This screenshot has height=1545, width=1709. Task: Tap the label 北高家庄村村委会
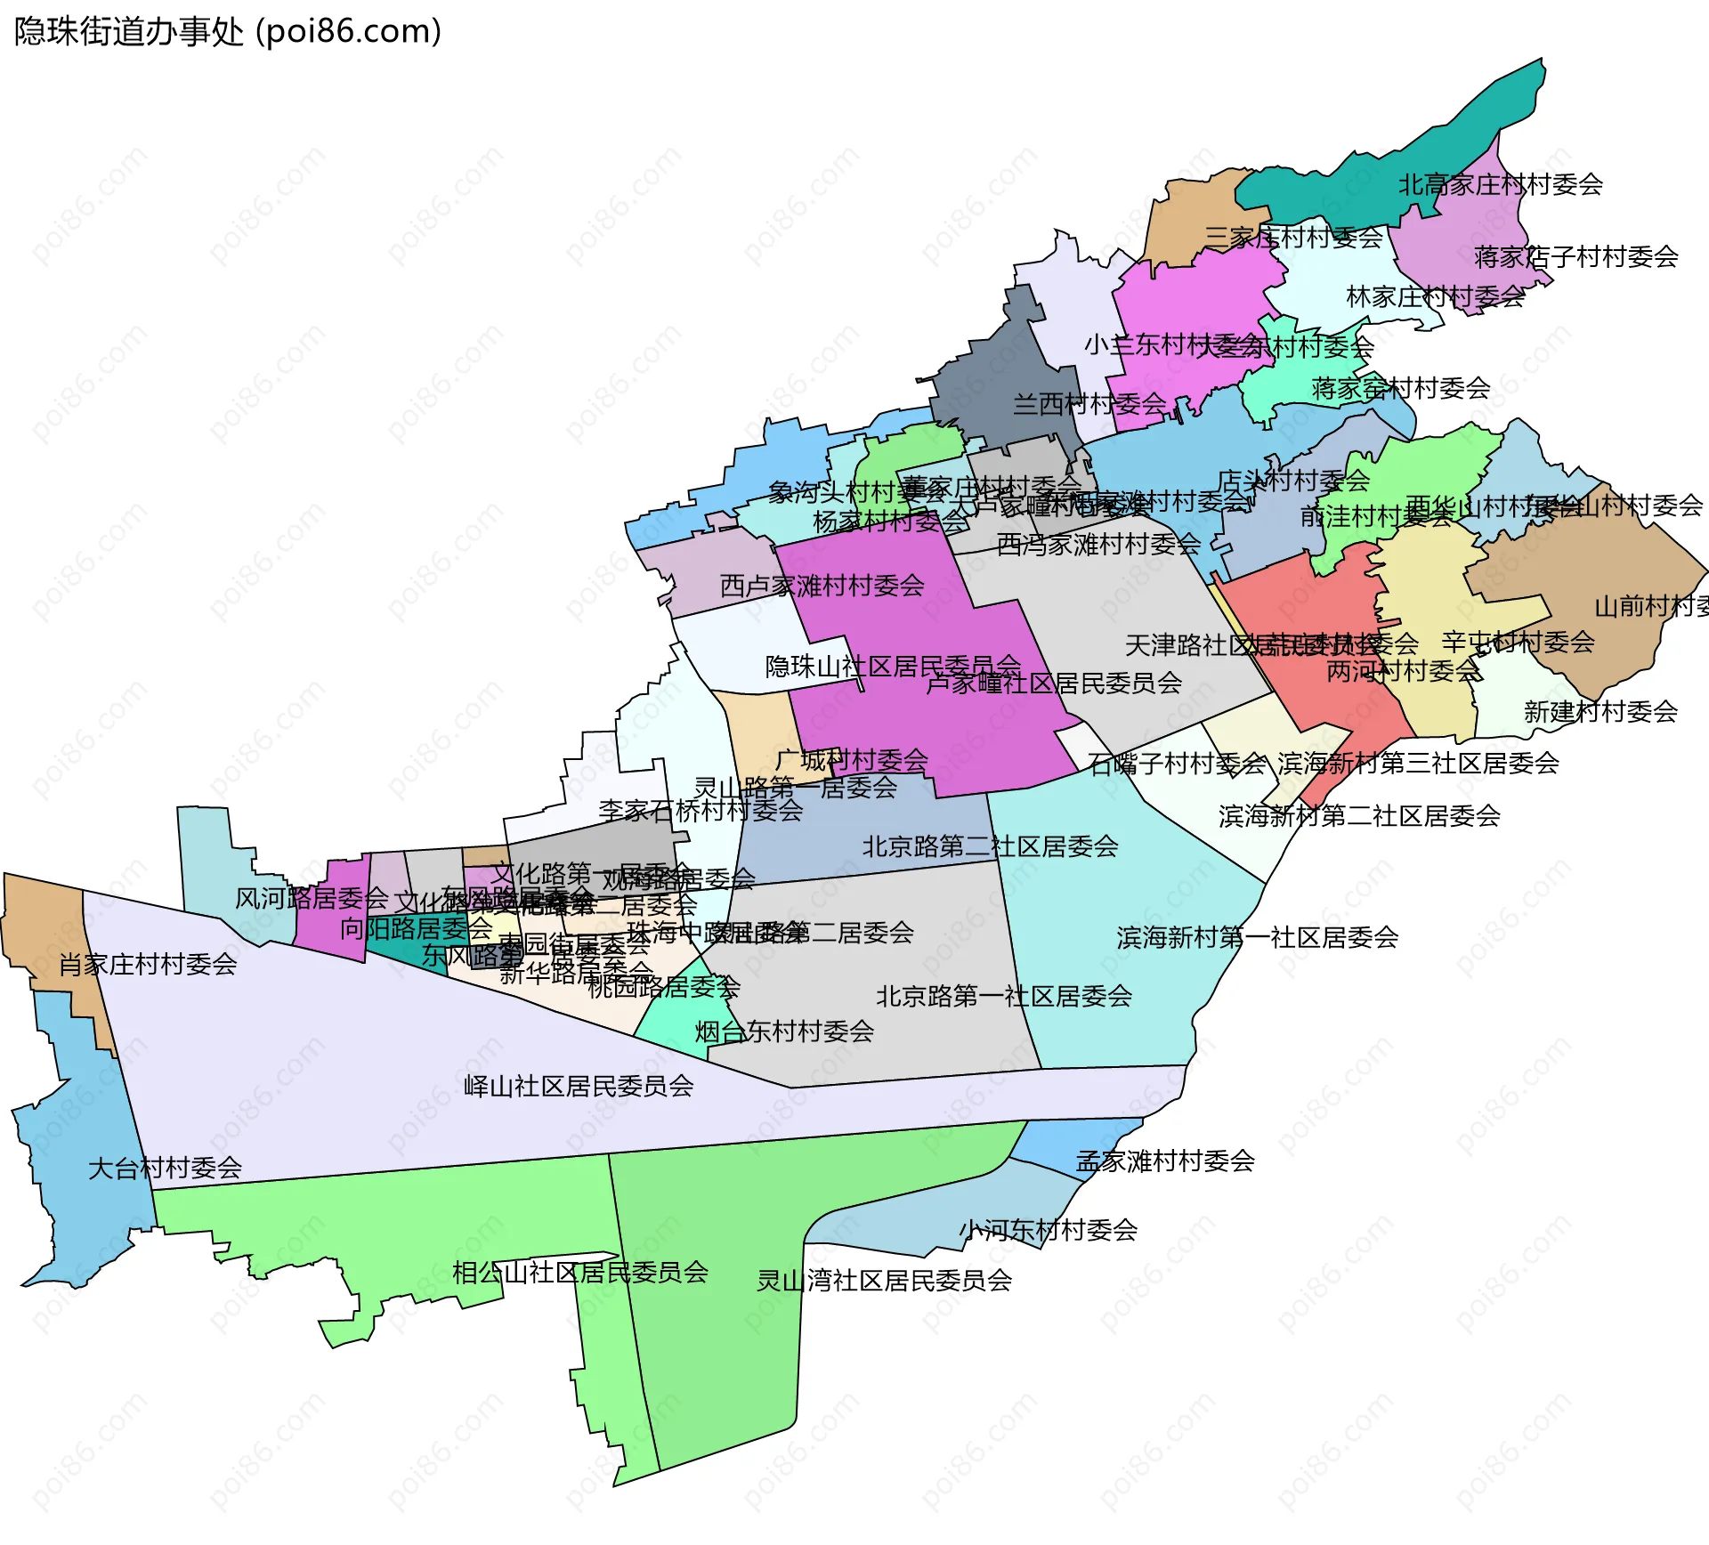tap(1500, 185)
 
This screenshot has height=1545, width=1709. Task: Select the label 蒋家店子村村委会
tap(1575, 257)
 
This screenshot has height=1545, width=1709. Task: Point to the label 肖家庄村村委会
tap(148, 964)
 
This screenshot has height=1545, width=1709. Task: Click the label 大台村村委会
tap(165, 1168)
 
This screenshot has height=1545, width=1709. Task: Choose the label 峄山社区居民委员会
tap(579, 1086)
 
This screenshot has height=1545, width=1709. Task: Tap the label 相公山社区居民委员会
tap(580, 1273)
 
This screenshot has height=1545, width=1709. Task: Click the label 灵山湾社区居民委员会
tap(884, 1281)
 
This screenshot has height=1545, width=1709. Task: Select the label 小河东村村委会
tap(1048, 1230)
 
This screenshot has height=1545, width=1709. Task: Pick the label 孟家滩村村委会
tap(1165, 1161)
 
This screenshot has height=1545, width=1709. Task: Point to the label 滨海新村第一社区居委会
tap(1257, 937)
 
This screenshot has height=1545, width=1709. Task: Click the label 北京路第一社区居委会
tap(1003, 996)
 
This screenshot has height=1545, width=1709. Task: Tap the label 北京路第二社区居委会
tap(990, 846)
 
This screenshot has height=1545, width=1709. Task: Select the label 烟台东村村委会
tap(784, 1031)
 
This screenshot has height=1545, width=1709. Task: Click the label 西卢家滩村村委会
tap(822, 586)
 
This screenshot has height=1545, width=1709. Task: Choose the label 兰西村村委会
tap(1089, 404)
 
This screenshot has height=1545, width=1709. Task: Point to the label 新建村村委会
tap(1600, 712)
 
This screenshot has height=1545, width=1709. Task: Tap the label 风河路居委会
tap(312, 898)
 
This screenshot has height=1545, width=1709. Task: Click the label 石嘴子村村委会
tap(1177, 763)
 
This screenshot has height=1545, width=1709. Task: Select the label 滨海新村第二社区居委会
tap(1359, 816)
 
